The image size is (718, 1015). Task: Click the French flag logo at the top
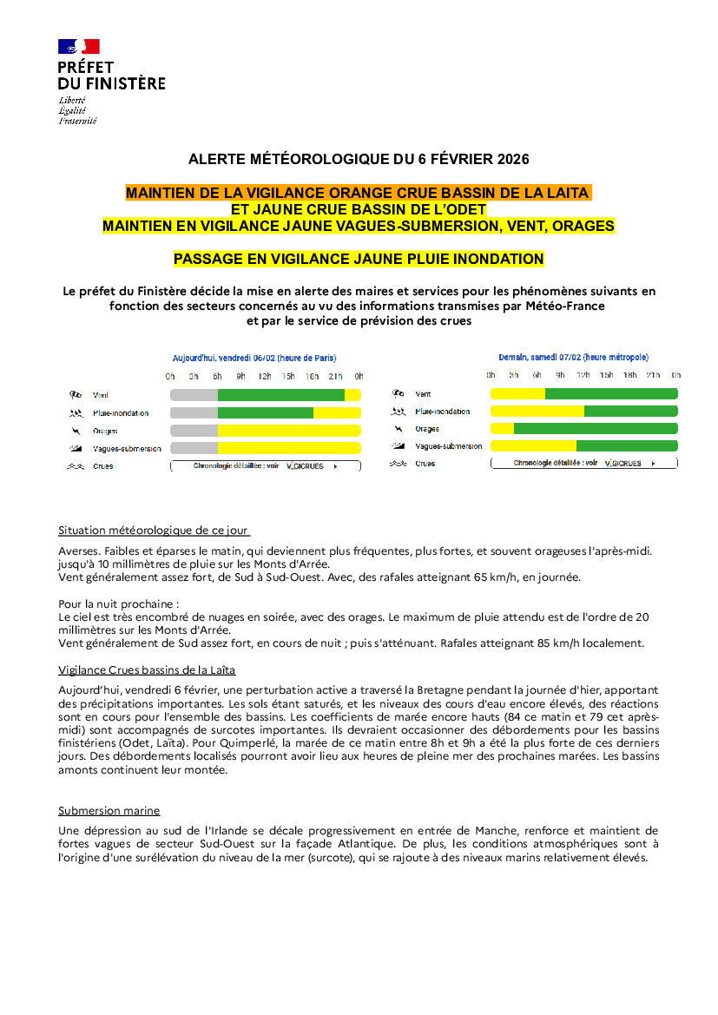click(79, 47)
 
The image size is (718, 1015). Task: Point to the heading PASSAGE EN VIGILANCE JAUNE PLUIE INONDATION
click(359, 259)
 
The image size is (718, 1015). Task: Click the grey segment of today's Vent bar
click(194, 395)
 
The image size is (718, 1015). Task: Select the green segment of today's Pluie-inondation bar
click(265, 412)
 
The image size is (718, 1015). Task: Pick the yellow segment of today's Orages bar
click(288, 431)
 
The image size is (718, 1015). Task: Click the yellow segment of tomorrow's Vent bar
click(517, 393)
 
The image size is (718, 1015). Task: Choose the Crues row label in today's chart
click(102, 466)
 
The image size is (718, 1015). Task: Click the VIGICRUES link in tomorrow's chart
click(623, 464)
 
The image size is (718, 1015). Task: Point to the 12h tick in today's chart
click(264, 376)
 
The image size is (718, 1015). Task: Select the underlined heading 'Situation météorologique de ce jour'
click(154, 530)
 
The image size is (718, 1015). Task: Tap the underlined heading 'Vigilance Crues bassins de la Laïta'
click(147, 669)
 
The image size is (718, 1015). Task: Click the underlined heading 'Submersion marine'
click(109, 810)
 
